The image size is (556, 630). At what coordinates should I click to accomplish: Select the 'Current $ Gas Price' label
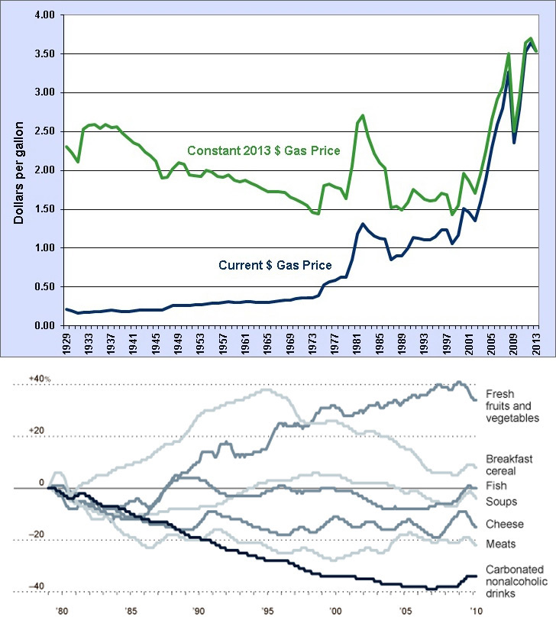coord(276,266)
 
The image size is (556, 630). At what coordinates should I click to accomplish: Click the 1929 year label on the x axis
coord(67,342)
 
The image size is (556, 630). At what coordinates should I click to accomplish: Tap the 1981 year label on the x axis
coord(357,342)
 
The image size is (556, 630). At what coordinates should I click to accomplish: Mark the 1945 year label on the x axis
coord(157,342)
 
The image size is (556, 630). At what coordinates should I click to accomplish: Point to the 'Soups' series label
coord(500,502)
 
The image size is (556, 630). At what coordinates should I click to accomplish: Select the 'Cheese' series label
coord(504,525)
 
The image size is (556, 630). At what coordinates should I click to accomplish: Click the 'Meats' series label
coord(501,544)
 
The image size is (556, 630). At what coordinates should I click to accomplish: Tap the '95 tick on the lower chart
coord(264,612)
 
